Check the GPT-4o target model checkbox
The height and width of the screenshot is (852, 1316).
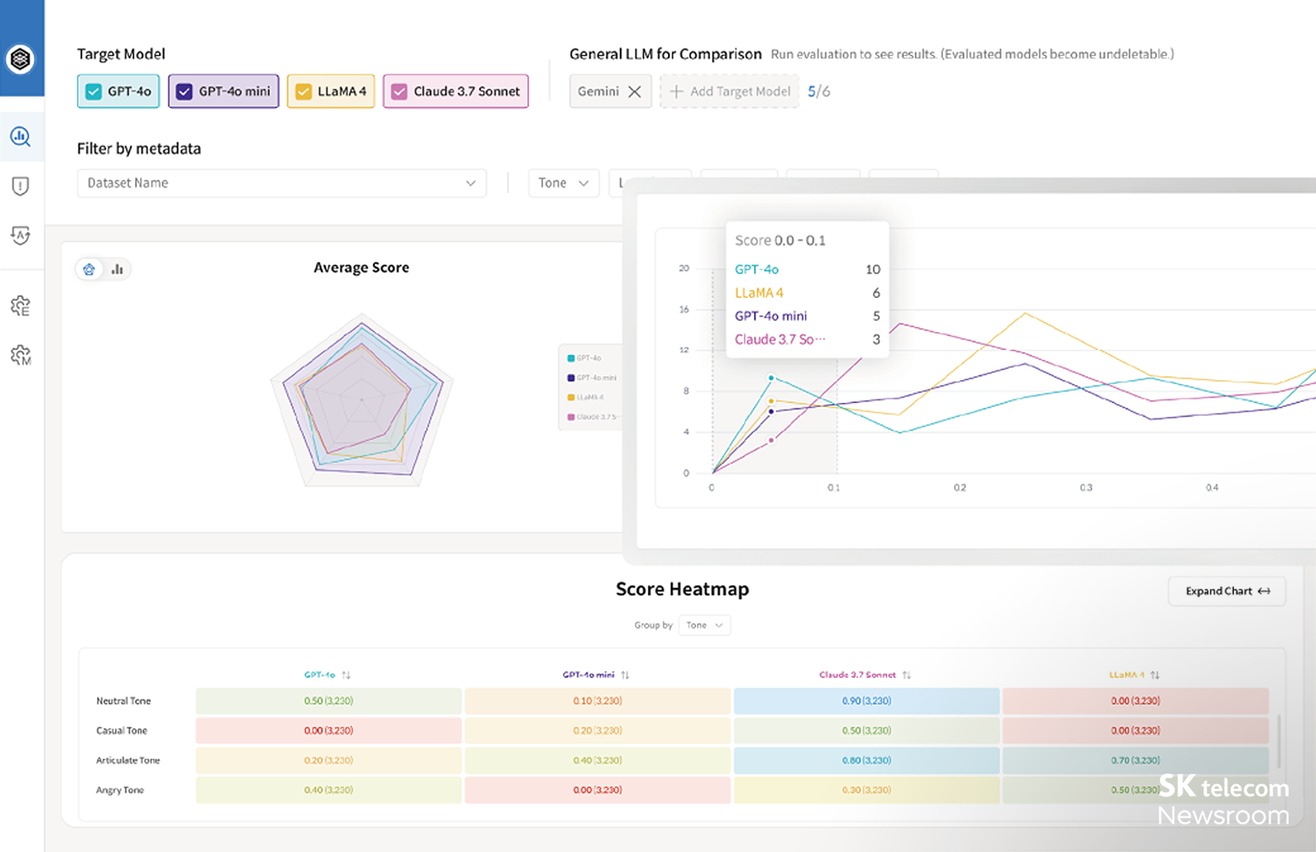point(93,91)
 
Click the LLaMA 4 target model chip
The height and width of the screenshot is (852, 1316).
point(331,91)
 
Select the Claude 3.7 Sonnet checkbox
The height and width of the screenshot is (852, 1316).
point(399,91)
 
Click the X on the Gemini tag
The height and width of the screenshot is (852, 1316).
point(634,91)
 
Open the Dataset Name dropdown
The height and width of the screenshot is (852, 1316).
point(281,183)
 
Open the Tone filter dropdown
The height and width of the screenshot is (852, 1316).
point(563,183)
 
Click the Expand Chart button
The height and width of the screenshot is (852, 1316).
point(1226,591)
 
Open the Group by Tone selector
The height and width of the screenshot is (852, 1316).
point(705,625)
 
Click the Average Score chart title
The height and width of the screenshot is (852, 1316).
point(361,268)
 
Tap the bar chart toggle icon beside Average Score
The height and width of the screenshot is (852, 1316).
point(117,270)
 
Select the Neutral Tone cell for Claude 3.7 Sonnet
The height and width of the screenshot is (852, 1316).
point(866,701)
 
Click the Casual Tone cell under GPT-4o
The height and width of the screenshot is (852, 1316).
point(328,730)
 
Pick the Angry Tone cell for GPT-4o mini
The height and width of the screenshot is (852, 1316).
point(598,790)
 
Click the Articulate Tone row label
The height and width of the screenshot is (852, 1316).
point(128,761)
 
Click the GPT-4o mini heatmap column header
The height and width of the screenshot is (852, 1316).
point(589,675)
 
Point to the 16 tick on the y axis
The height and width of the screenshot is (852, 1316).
point(684,310)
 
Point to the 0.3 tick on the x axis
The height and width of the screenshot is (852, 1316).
point(1086,488)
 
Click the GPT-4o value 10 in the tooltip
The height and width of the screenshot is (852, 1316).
point(873,270)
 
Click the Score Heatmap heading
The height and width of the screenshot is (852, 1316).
point(682,590)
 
